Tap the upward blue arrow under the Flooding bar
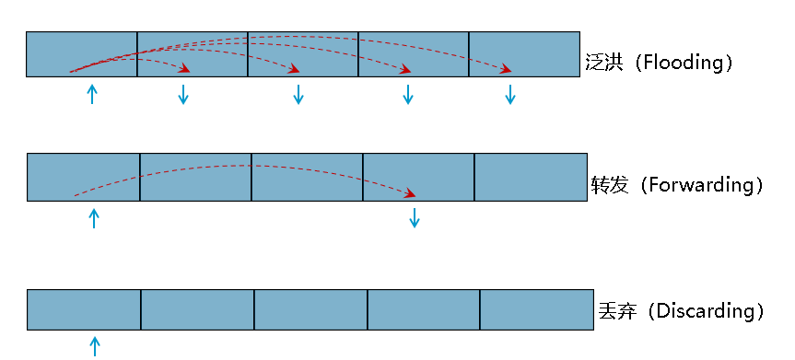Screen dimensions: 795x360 coord(92,94)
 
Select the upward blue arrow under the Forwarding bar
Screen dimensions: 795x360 coord(94,218)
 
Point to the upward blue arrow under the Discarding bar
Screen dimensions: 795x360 coord(95,346)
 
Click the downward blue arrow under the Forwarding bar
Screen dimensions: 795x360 coord(415,218)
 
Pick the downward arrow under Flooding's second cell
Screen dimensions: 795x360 coord(183,95)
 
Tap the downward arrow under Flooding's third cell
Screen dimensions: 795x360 coord(298,95)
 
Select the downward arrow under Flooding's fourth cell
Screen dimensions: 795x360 coord(408,95)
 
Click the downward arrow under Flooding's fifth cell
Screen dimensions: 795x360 coord(510,95)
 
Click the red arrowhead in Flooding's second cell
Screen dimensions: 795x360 coord(185,69)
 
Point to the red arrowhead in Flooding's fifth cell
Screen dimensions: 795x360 coord(506,69)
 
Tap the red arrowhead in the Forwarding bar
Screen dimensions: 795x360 coord(410,193)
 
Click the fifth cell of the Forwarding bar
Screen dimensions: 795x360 coord(531,177)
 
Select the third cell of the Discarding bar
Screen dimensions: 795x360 coord(310,309)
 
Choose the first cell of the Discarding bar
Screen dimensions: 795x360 coord(84,309)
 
